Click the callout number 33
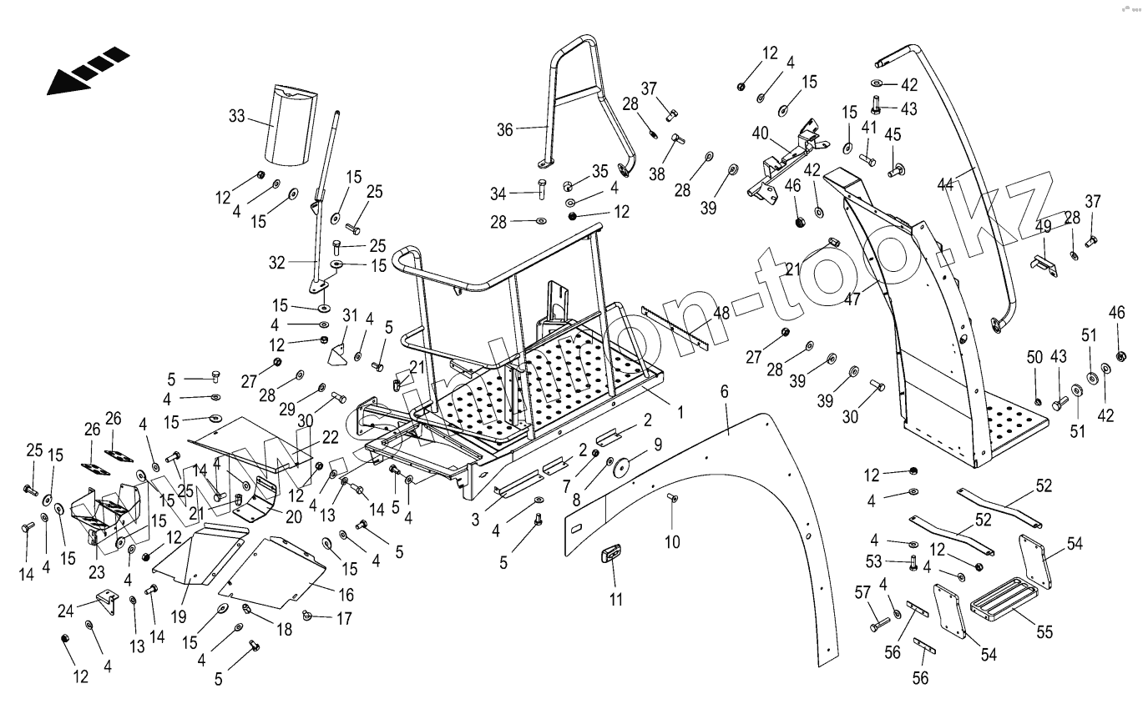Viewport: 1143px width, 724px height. pyautogui.click(x=236, y=116)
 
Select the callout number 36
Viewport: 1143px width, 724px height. pyautogui.click(x=506, y=129)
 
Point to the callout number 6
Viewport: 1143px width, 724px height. pyautogui.click(x=724, y=391)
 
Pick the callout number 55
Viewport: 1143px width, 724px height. pyautogui.click(x=1044, y=633)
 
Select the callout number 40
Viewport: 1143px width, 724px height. pyautogui.click(x=761, y=133)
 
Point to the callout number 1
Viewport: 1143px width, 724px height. pyautogui.click(x=680, y=412)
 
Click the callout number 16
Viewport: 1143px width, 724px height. pyautogui.click(x=346, y=595)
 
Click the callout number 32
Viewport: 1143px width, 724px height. pyautogui.click(x=277, y=262)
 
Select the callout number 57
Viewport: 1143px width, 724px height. pyautogui.click(x=862, y=594)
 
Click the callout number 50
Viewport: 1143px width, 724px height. pyautogui.click(x=1034, y=358)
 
